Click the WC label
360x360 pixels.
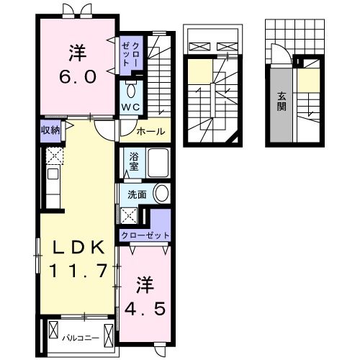pyautogui.click(x=130, y=107)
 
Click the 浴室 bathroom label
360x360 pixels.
pyautogui.click(x=134, y=161)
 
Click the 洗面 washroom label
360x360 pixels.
pyautogui.click(x=137, y=194)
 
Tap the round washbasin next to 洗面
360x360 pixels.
pyautogui.click(x=162, y=194)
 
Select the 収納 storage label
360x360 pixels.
pyautogui.click(x=50, y=130)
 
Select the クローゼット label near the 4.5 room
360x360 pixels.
pyautogui.click(x=146, y=236)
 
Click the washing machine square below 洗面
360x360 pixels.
pyautogui.click(x=130, y=215)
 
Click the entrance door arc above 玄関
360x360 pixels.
pyautogui.click(x=278, y=54)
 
